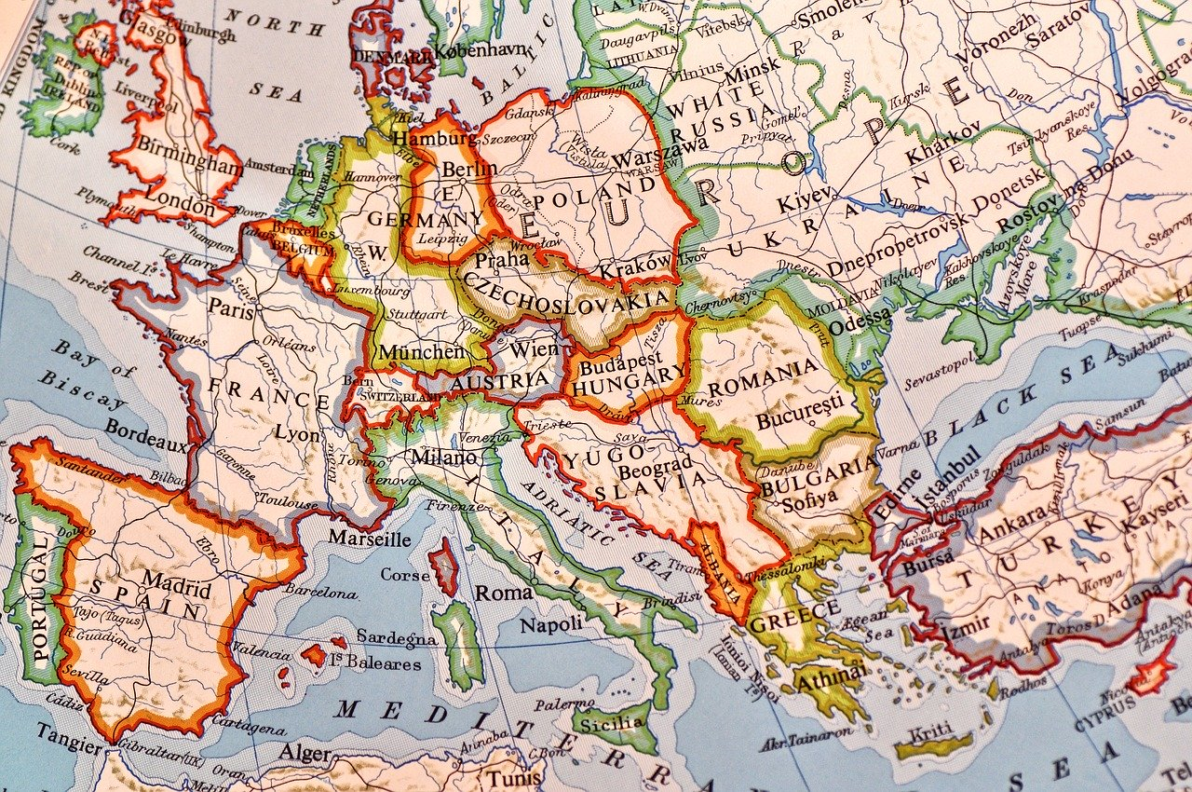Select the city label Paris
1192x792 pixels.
pos(231,310)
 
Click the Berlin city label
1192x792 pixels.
pos(469,170)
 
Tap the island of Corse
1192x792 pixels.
pos(443,567)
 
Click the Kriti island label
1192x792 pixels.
pos(932,730)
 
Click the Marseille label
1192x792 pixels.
pos(370,539)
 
